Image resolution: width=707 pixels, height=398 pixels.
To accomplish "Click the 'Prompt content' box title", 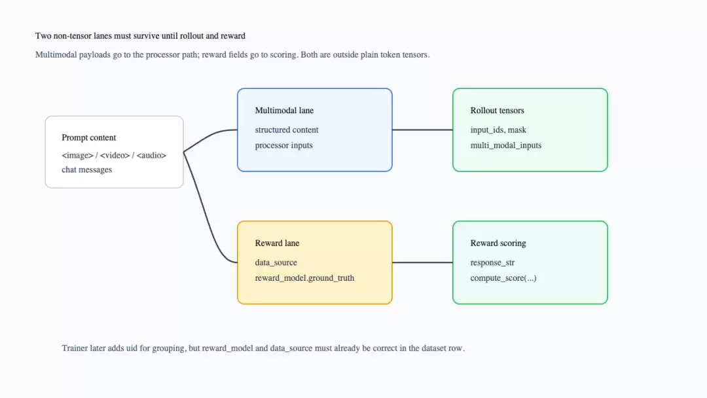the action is click(x=89, y=137).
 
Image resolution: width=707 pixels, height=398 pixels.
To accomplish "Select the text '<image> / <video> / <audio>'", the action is click(x=114, y=155).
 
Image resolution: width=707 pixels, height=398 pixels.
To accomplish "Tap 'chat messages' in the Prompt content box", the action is click(x=86, y=170).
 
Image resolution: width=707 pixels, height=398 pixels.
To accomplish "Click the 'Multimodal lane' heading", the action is click(x=284, y=111).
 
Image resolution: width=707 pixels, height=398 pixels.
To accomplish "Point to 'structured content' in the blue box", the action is click(x=287, y=130).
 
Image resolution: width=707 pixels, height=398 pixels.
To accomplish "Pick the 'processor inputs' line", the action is click(x=283, y=145).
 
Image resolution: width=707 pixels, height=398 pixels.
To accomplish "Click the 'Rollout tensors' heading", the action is click(x=498, y=111).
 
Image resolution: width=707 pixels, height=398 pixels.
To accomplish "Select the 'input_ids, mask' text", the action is click(x=498, y=130).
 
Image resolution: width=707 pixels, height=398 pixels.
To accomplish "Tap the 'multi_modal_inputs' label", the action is click(x=506, y=145).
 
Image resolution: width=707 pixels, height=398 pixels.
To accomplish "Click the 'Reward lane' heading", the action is click(x=277, y=243).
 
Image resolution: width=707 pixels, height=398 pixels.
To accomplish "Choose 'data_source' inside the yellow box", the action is click(x=276, y=262).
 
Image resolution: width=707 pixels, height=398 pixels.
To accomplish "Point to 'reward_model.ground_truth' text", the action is click(x=305, y=278).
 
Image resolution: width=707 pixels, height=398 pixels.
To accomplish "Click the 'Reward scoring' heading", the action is click(x=498, y=243).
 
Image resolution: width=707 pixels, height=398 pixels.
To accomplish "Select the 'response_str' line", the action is click(x=492, y=262).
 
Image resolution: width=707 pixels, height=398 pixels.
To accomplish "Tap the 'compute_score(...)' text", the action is click(x=503, y=278).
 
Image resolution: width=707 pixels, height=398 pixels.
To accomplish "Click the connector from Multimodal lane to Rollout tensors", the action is click(x=422, y=130).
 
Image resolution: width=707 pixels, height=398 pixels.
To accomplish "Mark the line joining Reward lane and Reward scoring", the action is click(x=422, y=262).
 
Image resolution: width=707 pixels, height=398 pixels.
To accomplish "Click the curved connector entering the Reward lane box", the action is click(x=205, y=212).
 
